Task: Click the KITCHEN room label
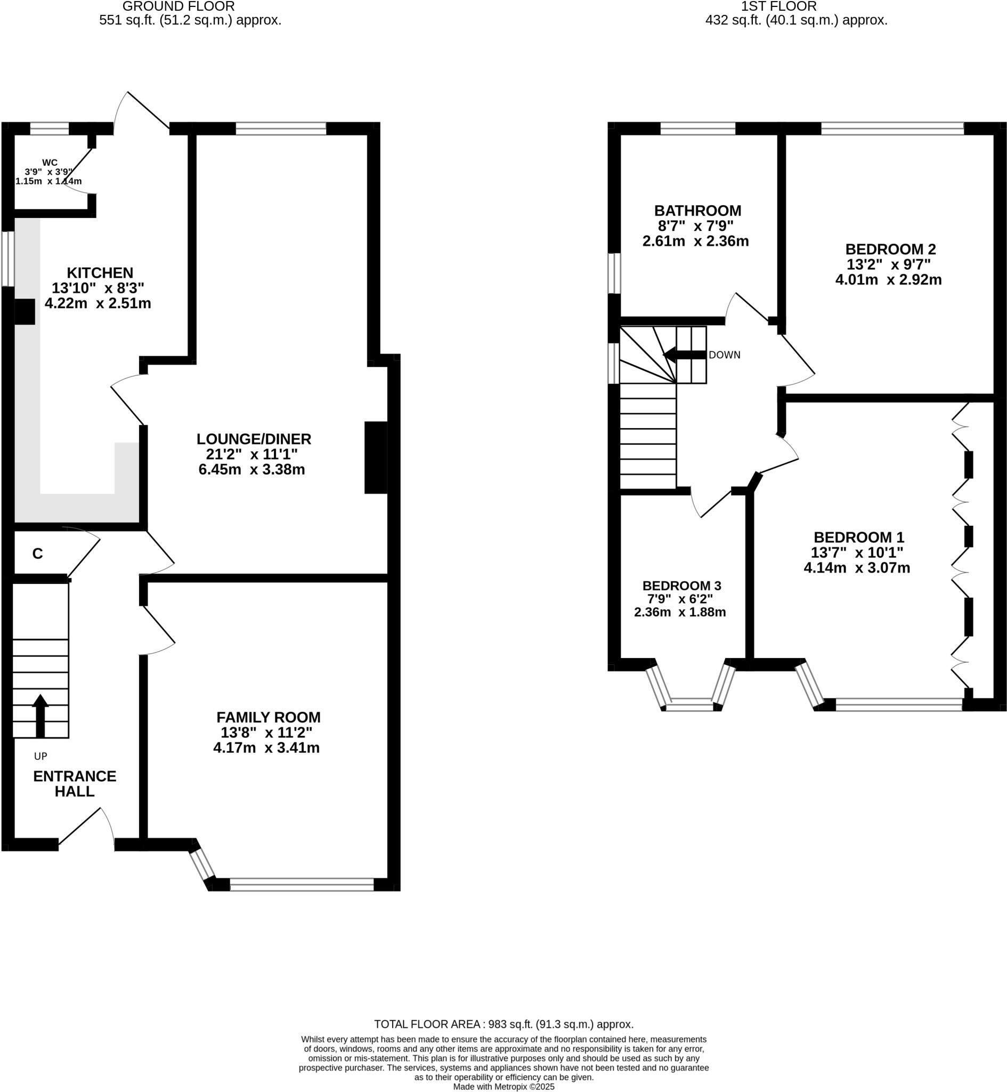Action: click(x=100, y=272)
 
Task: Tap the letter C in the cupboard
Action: click(x=38, y=554)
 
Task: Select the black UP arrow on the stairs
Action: click(x=40, y=716)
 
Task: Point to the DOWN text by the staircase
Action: click(x=724, y=355)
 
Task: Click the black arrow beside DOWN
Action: click(x=685, y=355)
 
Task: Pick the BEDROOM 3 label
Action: click(x=681, y=585)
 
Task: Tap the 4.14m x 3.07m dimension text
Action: click(x=857, y=567)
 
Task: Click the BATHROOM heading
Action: click(x=697, y=211)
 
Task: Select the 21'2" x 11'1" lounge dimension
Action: click(x=251, y=454)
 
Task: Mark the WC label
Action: click(x=50, y=163)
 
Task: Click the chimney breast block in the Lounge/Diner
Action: click(x=376, y=458)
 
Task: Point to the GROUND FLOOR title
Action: click(x=178, y=6)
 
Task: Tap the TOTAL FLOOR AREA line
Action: click(x=504, y=1024)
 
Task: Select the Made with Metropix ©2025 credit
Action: click(x=504, y=1087)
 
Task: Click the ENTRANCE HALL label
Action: click(x=75, y=783)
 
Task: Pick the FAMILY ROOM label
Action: click(x=268, y=718)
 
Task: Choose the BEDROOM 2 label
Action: click(x=890, y=249)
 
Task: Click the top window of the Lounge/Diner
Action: click(x=281, y=129)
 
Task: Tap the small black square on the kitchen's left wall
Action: click(x=25, y=312)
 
